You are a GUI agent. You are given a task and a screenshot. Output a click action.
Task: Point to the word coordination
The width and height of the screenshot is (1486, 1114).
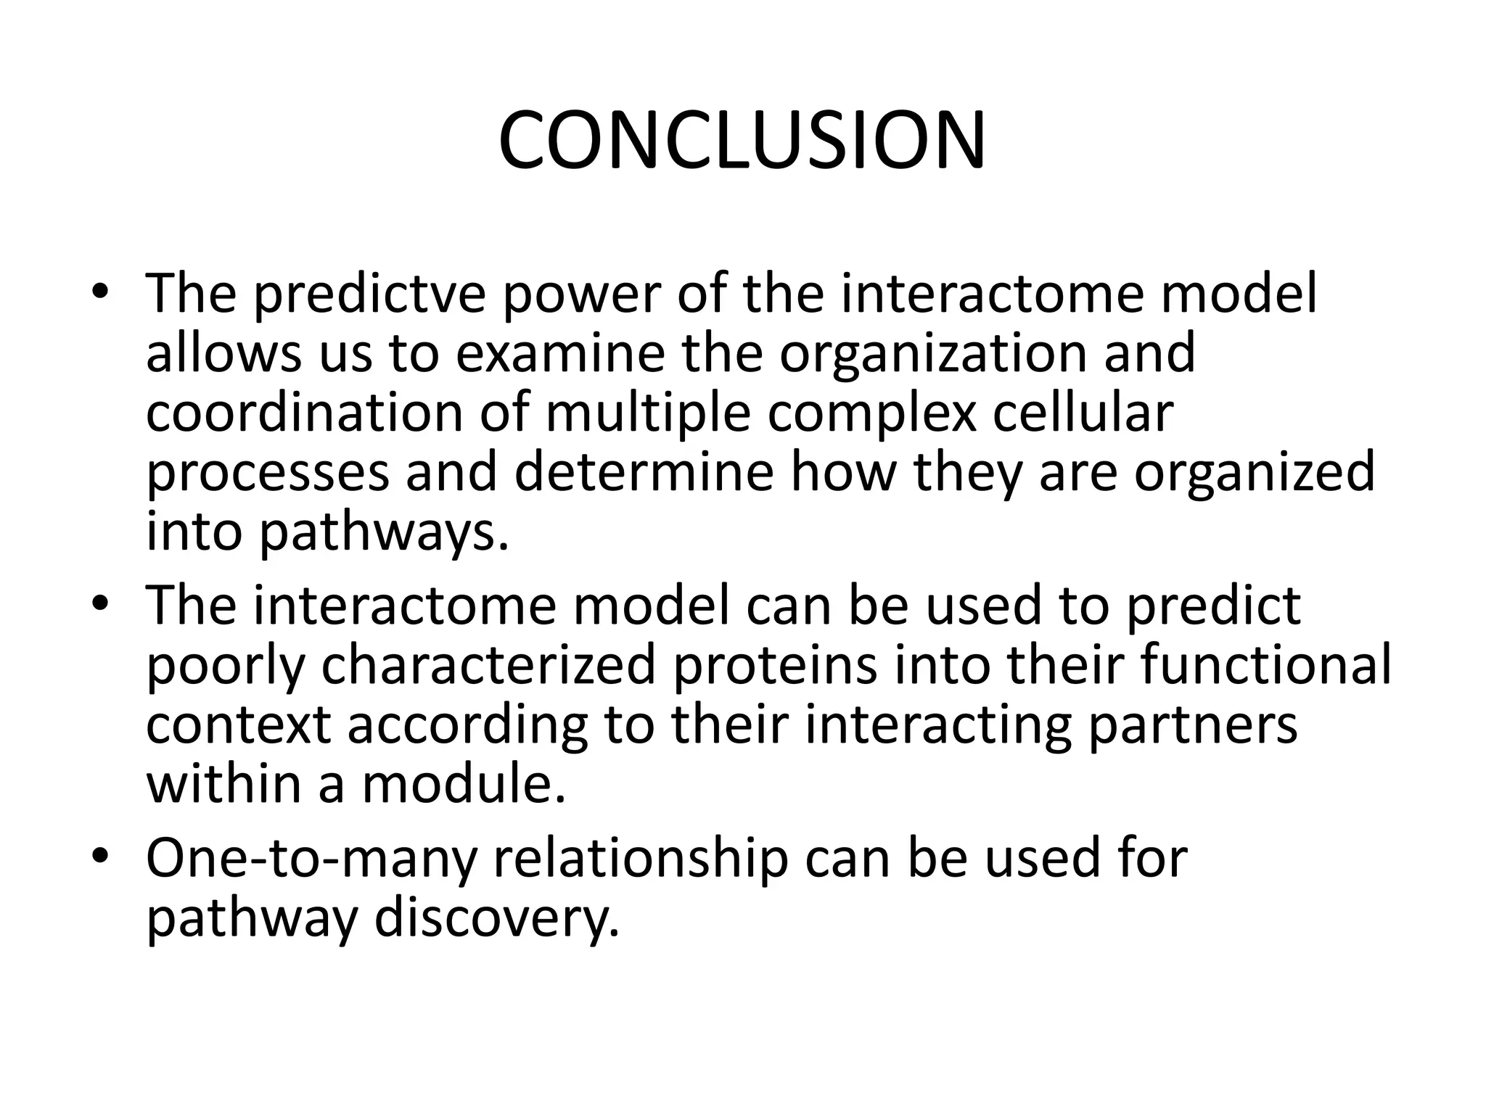pyautogui.click(x=304, y=412)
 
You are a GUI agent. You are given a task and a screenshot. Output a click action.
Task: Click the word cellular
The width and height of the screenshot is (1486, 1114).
pyautogui.click(x=1081, y=412)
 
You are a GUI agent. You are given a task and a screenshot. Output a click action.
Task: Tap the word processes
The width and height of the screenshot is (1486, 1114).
pyautogui.click(x=267, y=471)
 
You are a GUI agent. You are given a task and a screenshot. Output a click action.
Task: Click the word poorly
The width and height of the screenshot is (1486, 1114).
pyautogui.click(x=225, y=666)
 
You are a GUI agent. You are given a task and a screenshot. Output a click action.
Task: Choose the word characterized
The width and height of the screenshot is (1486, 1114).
pyautogui.click(x=488, y=666)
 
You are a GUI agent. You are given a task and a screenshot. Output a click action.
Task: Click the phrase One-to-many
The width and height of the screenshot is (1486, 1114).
pyautogui.click(x=311, y=859)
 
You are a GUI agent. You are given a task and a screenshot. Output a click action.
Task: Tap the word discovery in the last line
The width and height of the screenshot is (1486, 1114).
pyautogui.click(x=496, y=918)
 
